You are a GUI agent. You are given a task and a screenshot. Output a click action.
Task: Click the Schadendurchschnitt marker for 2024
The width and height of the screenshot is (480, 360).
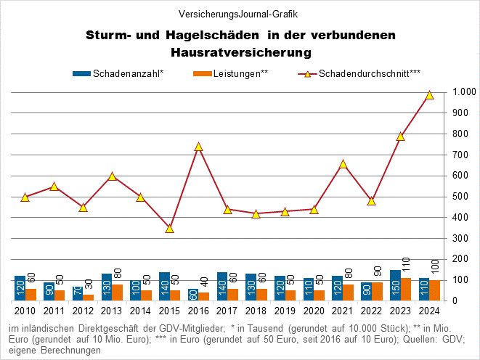[429, 95]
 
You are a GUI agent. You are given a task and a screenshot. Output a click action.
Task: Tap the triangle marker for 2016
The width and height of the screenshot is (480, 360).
[198, 147]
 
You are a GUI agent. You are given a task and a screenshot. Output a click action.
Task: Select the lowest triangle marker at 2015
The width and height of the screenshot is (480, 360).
[169, 229]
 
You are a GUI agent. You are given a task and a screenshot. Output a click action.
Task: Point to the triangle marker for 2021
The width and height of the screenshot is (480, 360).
[343, 164]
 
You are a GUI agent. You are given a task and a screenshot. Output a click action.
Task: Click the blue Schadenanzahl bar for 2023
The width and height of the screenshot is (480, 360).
[395, 285]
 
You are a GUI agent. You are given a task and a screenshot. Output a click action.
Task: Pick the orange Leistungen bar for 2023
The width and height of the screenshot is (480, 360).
[406, 289]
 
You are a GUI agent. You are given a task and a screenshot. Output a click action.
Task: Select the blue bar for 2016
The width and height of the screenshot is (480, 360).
[193, 295]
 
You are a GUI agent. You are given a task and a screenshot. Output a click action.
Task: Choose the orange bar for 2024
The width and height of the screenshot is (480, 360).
[435, 290]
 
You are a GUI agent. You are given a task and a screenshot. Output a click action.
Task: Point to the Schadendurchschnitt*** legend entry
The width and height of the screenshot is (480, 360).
[367, 73]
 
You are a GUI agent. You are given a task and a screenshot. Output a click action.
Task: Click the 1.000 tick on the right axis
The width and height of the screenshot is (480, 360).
[463, 92]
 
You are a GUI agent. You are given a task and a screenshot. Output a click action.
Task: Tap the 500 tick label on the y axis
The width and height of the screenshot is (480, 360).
[460, 197]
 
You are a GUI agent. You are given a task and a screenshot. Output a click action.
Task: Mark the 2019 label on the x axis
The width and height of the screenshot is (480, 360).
[285, 311]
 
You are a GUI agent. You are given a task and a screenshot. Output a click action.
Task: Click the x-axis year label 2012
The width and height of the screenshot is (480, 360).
[83, 311]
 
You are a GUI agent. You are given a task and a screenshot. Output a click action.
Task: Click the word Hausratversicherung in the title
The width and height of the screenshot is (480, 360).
[240, 52]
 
